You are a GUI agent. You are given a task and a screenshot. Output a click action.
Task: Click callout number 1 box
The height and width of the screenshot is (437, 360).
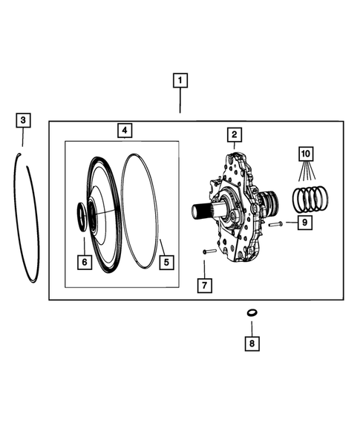click(x=180, y=79)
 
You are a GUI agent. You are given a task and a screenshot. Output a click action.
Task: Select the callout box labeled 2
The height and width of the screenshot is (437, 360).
click(x=233, y=134)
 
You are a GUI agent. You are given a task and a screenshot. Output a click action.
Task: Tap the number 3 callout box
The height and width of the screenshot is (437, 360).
click(x=24, y=119)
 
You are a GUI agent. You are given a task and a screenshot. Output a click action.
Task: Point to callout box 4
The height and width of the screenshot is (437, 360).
click(x=125, y=131)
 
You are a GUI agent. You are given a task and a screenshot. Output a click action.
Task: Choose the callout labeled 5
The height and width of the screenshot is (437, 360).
click(x=166, y=261)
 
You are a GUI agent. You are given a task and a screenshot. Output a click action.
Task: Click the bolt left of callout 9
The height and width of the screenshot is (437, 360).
click(x=276, y=222)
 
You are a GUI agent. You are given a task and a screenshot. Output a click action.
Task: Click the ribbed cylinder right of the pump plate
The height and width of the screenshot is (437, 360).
click(x=270, y=201)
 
